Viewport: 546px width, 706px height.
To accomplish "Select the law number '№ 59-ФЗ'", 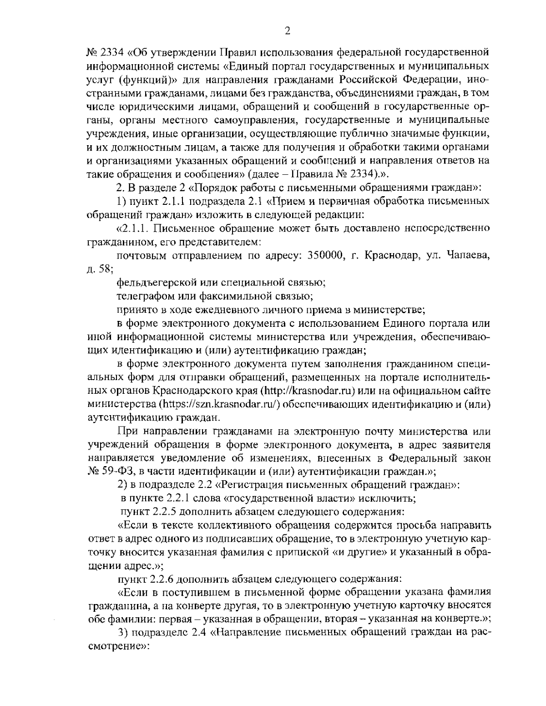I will [107, 471].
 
